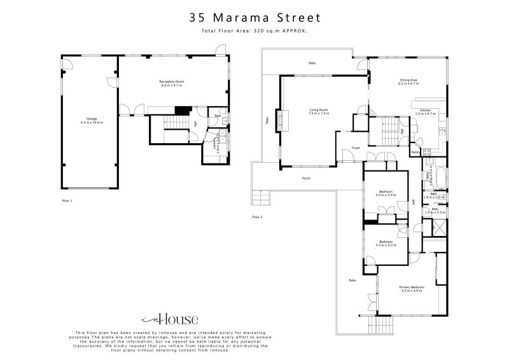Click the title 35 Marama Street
coord(254,18)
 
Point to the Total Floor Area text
coord(254,31)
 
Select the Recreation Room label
coord(172,81)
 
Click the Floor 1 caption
coord(67,201)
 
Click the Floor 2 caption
coord(257,217)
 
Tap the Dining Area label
coord(408,80)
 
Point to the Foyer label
coord(356,148)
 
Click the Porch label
coord(306,178)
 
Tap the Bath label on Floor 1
coord(218,116)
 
